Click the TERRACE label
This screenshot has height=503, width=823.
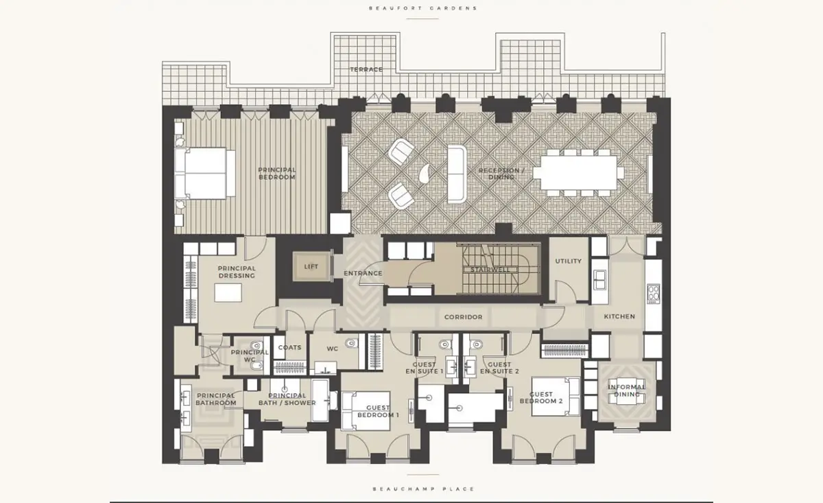[366, 69]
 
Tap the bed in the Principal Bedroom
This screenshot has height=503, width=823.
[204, 173]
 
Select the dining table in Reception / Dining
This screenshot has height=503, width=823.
[575, 172]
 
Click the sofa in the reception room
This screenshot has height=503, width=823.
[457, 174]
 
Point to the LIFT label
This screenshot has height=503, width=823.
[311, 266]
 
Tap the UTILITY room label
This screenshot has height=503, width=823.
[568, 261]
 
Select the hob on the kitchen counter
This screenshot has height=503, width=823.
[653, 294]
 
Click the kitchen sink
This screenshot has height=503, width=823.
[599, 280]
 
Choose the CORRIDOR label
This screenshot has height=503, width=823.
[463, 317]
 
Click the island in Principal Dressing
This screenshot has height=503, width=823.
[228, 293]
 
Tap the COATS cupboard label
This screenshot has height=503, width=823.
[289, 347]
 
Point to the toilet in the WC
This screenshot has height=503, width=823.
[351, 343]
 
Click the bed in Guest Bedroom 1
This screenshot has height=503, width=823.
[366, 411]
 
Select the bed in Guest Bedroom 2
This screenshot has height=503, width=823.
[556, 397]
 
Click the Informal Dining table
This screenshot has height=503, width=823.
[626, 391]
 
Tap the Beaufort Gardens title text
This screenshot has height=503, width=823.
[423, 8]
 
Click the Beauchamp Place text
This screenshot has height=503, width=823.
[424, 489]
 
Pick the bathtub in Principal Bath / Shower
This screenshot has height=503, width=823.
[320, 400]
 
